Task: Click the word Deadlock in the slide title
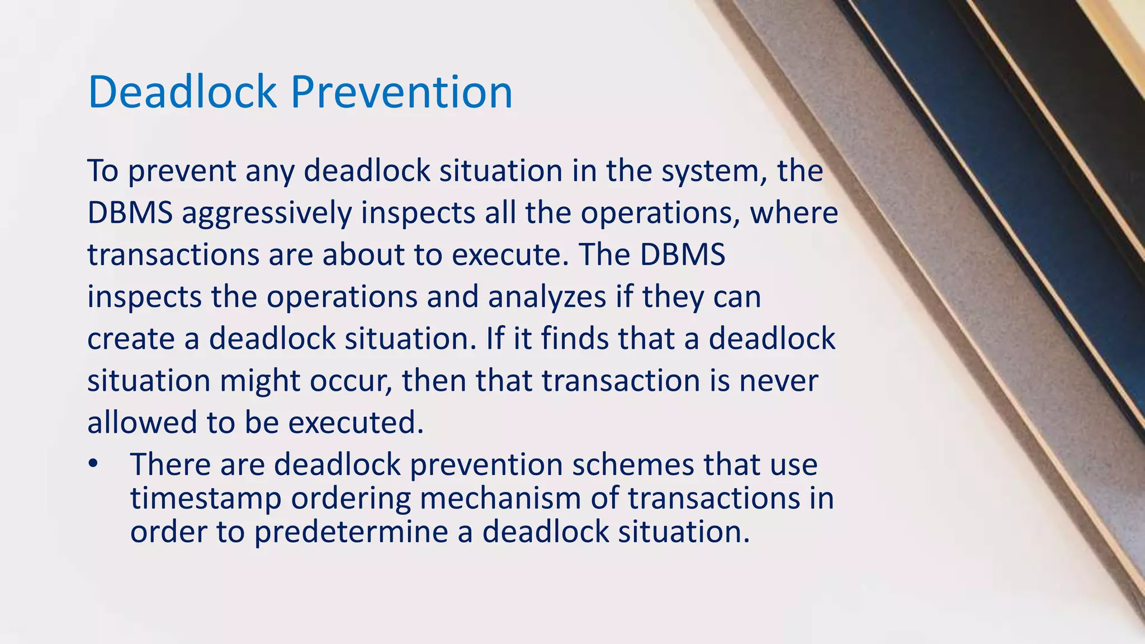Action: (x=182, y=92)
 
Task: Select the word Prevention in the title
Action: (x=401, y=92)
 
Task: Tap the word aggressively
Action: (x=267, y=214)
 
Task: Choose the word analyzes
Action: (x=547, y=297)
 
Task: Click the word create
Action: (x=131, y=339)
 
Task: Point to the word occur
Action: (x=351, y=381)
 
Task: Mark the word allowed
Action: (x=142, y=423)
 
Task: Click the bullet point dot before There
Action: (x=93, y=464)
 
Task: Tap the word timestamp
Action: (x=206, y=499)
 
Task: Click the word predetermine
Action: (x=351, y=532)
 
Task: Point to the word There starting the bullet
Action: (x=170, y=465)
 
